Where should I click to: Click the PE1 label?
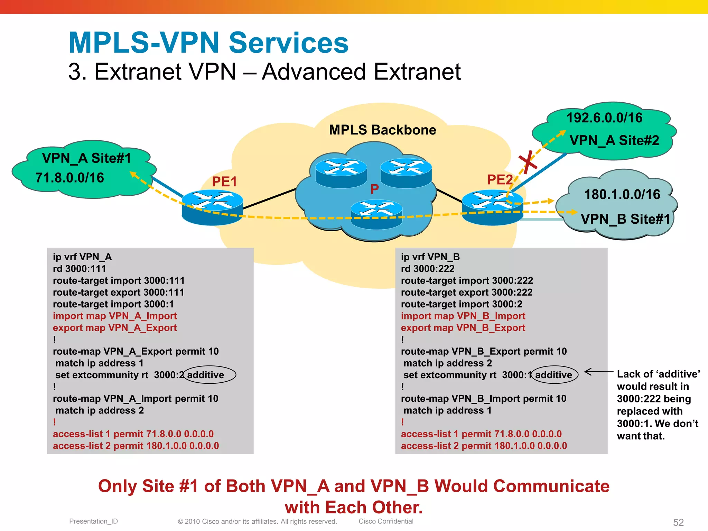(224, 181)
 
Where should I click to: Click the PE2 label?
(500, 179)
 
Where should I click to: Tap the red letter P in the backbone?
(374, 189)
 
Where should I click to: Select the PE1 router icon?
(212, 207)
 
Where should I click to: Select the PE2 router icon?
(492, 207)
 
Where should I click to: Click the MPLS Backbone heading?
(382, 130)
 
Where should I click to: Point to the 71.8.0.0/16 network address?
(69, 178)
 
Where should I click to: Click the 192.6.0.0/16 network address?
(604, 118)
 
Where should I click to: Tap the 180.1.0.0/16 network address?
(622, 194)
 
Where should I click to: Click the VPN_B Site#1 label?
(625, 219)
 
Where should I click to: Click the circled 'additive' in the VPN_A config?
(206, 375)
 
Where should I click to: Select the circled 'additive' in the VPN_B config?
(554, 375)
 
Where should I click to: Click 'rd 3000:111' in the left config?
(79, 269)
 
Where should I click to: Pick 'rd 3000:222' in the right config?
(427, 269)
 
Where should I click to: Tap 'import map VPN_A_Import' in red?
(114, 316)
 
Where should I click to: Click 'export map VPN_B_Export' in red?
(463, 328)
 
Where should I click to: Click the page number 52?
(678, 522)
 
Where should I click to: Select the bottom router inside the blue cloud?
(376, 214)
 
